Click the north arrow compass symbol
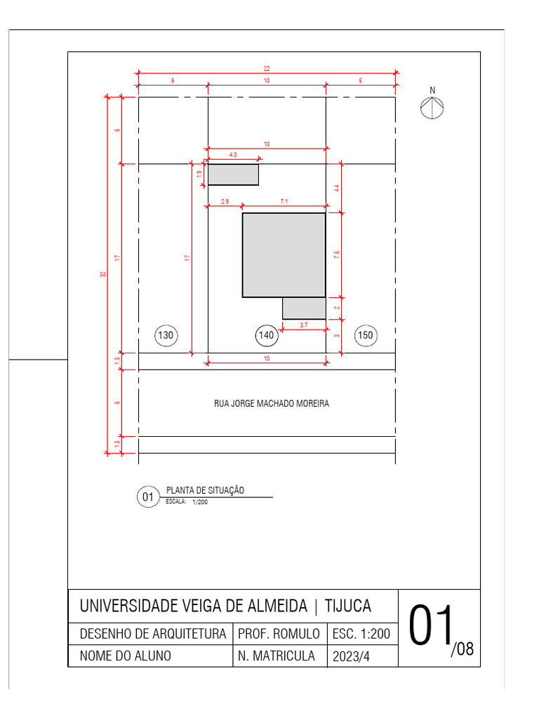click(432, 107)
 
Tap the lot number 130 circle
click(166, 336)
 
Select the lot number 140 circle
click(267, 336)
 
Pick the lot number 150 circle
click(366, 336)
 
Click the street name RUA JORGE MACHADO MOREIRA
click(271, 404)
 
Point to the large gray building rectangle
click(284, 255)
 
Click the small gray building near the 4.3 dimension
click(233, 175)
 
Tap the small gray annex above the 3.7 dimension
click(304, 309)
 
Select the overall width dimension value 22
click(267, 69)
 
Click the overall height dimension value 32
click(102, 274)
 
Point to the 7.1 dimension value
click(284, 201)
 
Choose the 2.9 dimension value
click(225, 201)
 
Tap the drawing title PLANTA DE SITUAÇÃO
click(205, 491)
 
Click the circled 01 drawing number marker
click(148, 498)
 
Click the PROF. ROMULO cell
click(279, 634)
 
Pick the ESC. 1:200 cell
click(361, 634)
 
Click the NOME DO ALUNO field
click(126, 656)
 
